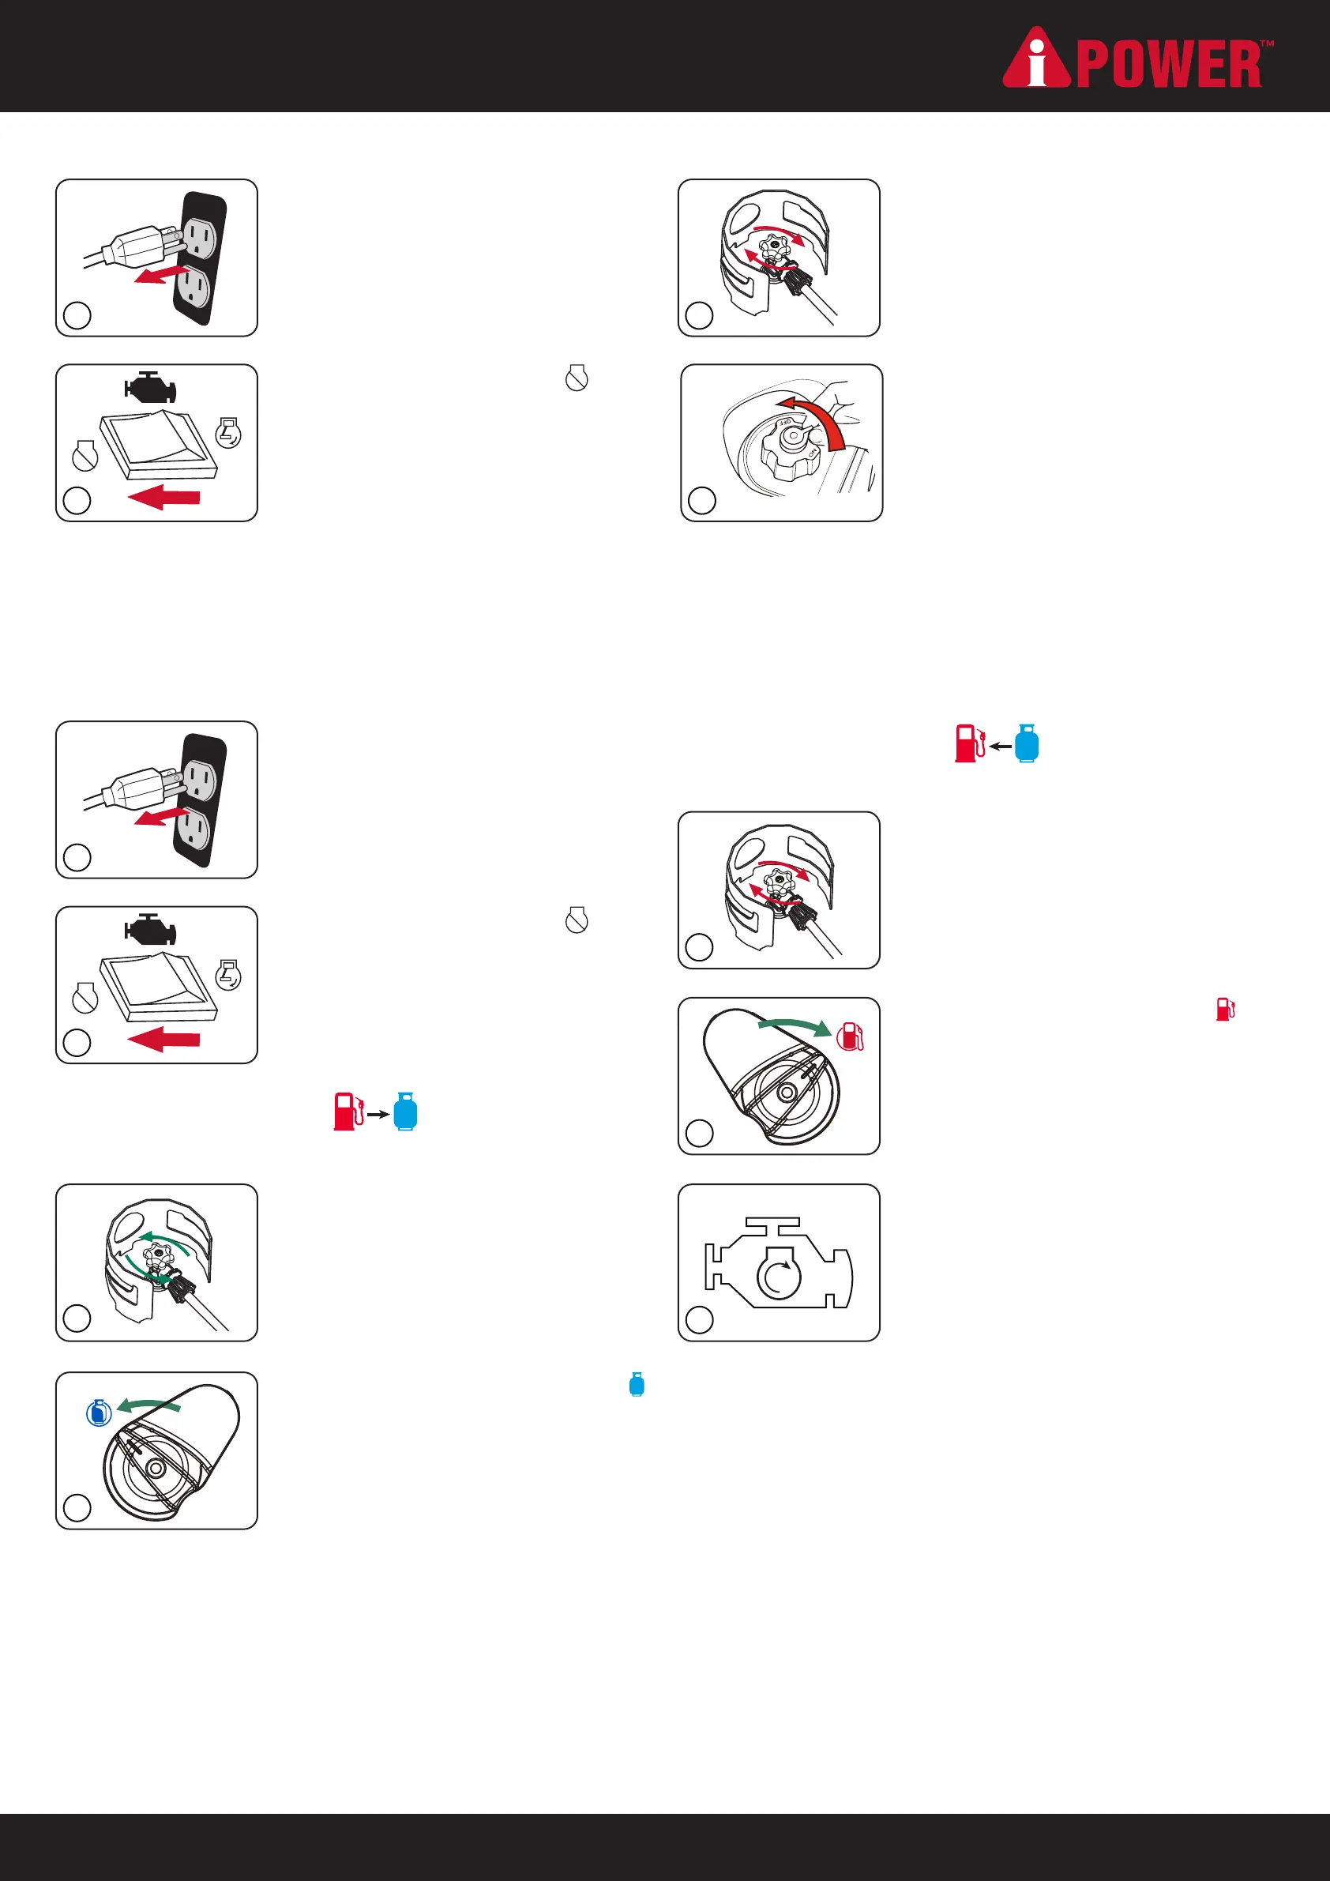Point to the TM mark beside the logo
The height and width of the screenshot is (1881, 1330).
tap(1266, 43)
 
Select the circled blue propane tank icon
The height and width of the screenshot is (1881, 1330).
tap(99, 1413)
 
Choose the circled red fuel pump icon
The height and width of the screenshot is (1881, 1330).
tap(850, 1036)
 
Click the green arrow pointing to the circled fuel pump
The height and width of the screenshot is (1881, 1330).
tap(795, 1025)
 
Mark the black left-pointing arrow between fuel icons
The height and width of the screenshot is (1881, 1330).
tap(1000, 747)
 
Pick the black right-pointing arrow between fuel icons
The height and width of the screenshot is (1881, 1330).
tap(378, 1114)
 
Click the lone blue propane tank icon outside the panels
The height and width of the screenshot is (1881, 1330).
tap(637, 1385)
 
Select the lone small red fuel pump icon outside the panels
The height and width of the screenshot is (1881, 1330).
tap(1225, 1010)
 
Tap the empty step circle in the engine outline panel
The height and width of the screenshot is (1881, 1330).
tap(700, 1319)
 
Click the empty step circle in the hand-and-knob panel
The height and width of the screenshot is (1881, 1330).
tap(702, 500)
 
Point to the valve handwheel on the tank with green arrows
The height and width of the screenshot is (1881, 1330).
tap(158, 1255)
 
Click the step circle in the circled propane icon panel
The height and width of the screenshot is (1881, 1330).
tap(77, 1507)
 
